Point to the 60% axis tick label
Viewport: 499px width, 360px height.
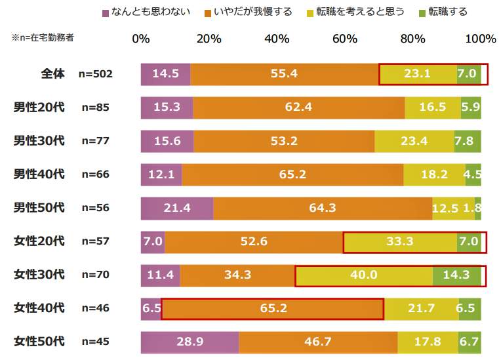tap(344, 39)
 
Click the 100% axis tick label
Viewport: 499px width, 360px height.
tap(480, 39)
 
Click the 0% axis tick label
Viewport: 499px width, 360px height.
tap(141, 39)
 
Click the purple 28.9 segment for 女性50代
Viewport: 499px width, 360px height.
tap(190, 342)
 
